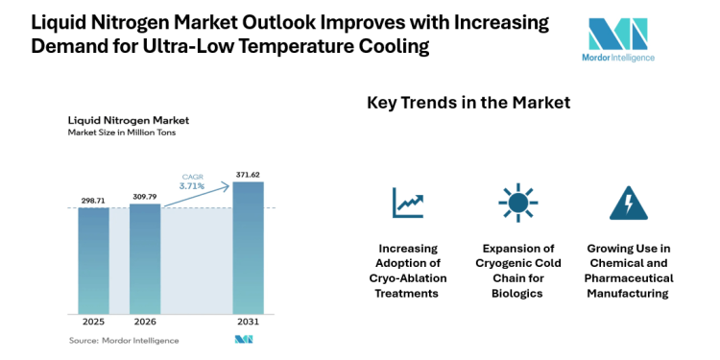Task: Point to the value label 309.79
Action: pos(145,196)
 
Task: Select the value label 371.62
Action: pos(248,174)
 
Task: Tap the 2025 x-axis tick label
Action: pos(93,323)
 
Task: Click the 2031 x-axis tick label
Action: pos(248,323)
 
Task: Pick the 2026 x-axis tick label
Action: pos(145,323)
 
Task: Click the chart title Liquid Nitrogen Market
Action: pos(128,120)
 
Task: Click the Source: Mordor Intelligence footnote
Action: pos(123,340)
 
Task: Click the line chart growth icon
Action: pos(407,203)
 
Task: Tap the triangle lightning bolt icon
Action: pos(628,203)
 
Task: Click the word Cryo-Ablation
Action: pos(407,278)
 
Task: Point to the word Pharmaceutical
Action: pos(629,278)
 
